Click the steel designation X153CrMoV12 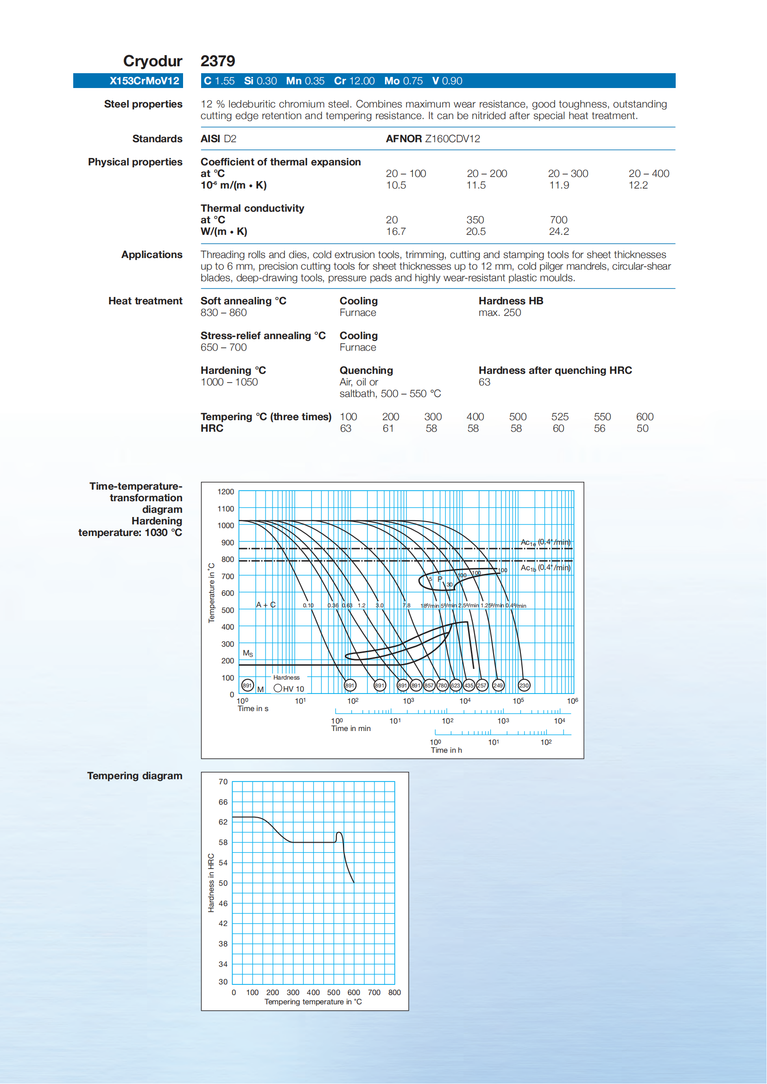(x=144, y=81)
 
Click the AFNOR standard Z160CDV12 (x=452, y=139)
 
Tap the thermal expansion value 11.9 (x=559, y=185)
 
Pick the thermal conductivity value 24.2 (x=559, y=231)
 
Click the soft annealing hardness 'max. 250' (x=500, y=313)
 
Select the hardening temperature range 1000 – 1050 (x=229, y=382)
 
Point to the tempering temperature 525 (x=560, y=417)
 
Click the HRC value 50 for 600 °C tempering (x=642, y=429)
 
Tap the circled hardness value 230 (x=524, y=686)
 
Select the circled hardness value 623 (x=455, y=686)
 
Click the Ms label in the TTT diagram (x=248, y=654)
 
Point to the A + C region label (x=266, y=605)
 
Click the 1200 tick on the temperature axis (x=226, y=492)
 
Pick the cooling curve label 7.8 (x=406, y=605)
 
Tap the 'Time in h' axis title (x=446, y=750)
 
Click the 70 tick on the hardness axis (x=223, y=782)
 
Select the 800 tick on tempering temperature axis (x=394, y=992)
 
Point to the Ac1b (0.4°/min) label (x=545, y=567)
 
